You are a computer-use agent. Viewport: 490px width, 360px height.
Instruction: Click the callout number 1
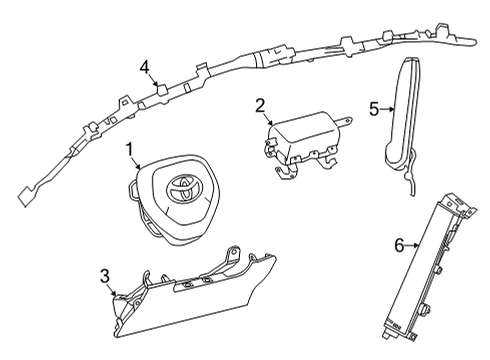[x=130, y=150]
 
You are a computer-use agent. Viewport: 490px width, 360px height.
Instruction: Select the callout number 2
[x=259, y=104]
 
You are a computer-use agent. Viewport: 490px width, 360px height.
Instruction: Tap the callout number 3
[x=104, y=274]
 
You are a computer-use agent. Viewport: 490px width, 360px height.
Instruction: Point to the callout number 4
[x=145, y=67]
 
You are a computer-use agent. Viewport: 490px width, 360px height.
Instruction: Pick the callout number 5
[x=373, y=110]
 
